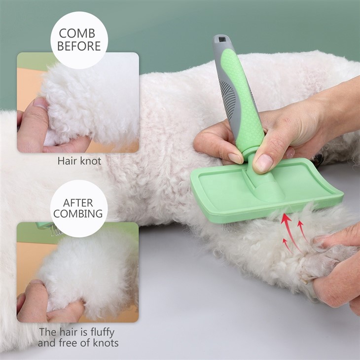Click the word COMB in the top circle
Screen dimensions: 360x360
click(77, 34)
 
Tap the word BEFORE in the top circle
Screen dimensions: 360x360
click(79, 46)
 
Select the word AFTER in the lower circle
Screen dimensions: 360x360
click(78, 203)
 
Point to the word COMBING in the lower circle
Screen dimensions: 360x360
click(78, 214)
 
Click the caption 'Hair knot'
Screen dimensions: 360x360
click(79, 161)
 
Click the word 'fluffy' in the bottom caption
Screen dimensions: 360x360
click(103, 332)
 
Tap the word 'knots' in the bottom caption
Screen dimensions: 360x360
click(106, 343)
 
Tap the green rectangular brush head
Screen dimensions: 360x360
click(266, 190)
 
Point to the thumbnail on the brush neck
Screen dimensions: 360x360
click(263, 163)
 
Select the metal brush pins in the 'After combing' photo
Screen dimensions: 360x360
click(56, 230)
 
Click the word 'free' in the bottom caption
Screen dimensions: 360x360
click(68, 343)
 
